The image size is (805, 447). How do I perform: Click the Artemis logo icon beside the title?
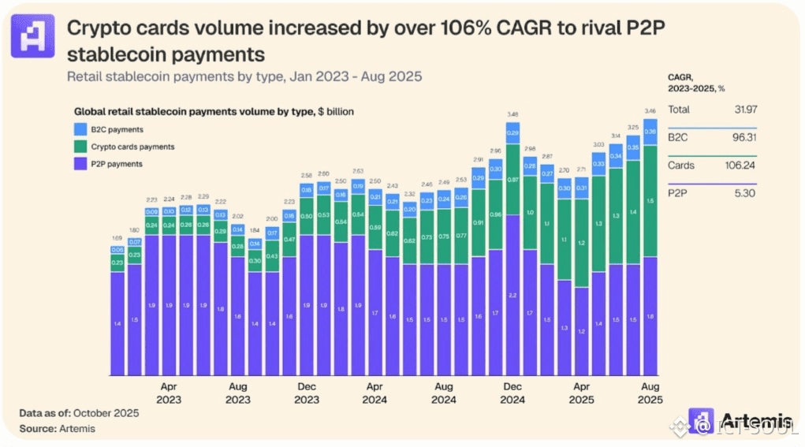click(33, 36)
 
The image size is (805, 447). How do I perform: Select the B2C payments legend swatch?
click(80, 129)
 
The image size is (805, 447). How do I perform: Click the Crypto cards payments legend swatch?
click(80, 146)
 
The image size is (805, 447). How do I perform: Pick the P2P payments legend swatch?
click(80, 163)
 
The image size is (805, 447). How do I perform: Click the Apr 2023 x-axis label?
click(168, 393)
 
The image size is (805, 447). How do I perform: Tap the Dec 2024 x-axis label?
click(512, 393)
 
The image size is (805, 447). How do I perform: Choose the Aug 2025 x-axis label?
click(650, 393)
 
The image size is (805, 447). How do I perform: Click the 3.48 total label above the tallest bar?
click(512, 115)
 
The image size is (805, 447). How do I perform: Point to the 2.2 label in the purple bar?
click(512, 295)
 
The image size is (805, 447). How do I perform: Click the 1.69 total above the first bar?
click(117, 237)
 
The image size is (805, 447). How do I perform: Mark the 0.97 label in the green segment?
click(512, 180)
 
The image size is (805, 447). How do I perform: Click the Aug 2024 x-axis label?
click(443, 393)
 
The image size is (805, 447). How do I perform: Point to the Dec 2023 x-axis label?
click(306, 393)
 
